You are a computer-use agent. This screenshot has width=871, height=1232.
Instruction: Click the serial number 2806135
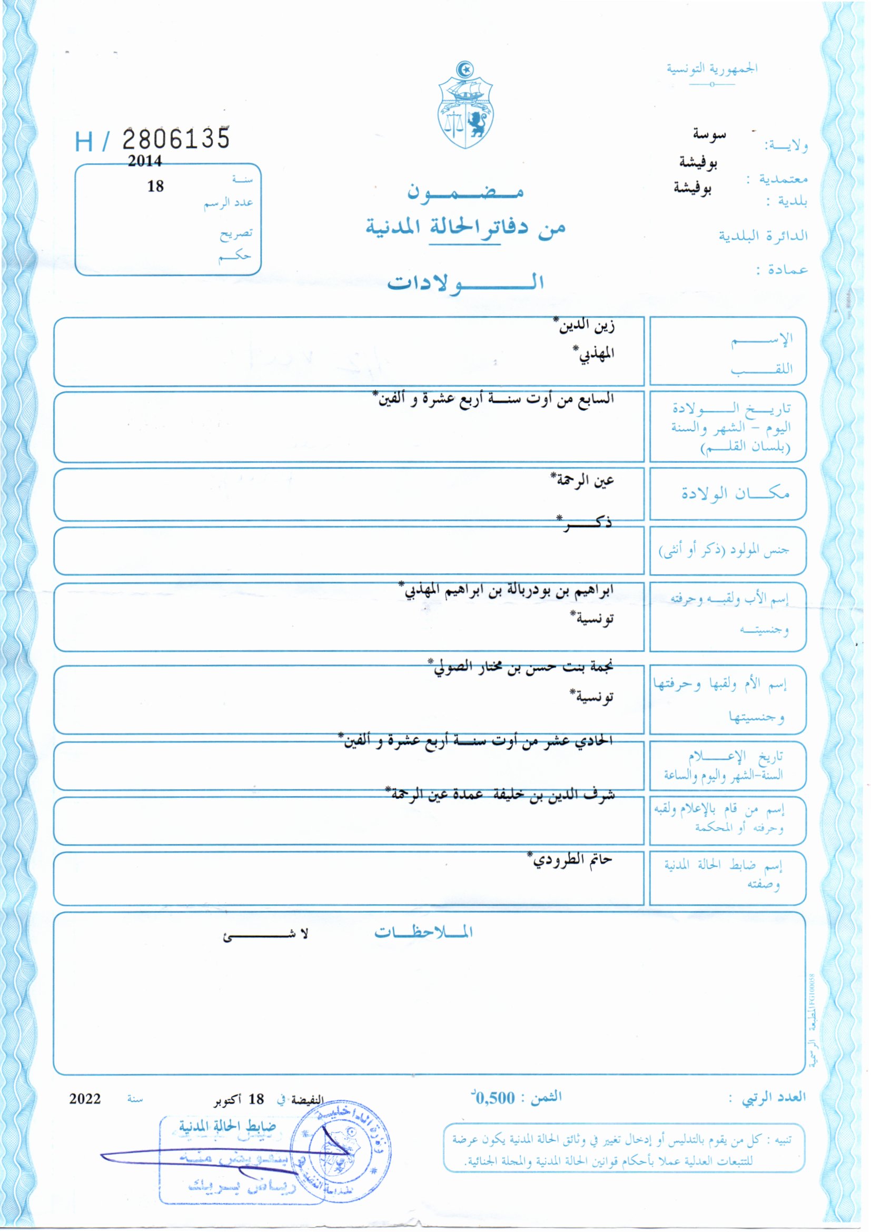tap(176, 139)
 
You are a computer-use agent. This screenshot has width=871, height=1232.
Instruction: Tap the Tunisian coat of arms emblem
tap(465, 106)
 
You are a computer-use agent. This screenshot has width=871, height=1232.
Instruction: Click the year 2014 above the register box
tap(144, 161)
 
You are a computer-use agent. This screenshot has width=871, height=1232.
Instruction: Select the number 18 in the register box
tap(155, 186)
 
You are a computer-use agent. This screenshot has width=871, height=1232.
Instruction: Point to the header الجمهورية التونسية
tap(712, 69)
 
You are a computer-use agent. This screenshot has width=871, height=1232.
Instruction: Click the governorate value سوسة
tap(709, 135)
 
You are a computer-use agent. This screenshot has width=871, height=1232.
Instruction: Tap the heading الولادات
tap(466, 282)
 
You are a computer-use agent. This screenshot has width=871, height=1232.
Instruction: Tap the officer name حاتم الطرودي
tap(571, 859)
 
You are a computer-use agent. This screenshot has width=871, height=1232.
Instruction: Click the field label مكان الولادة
tap(735, 493)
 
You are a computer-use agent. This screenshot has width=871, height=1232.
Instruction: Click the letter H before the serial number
tap(85, 142)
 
